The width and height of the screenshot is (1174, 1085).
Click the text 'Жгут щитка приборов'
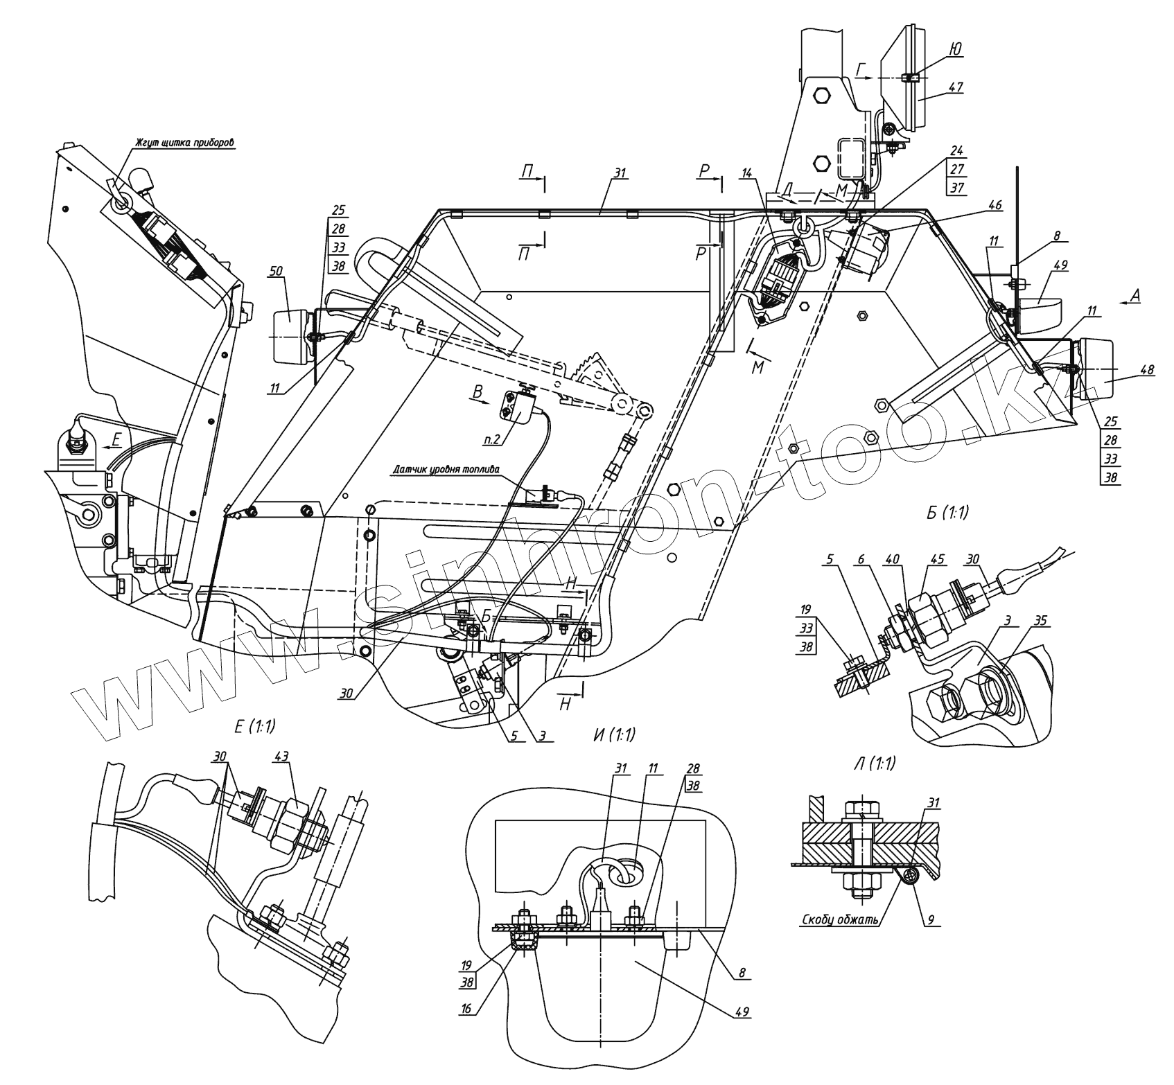[x=185, y=143]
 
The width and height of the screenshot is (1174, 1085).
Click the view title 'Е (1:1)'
[x=254, y=727]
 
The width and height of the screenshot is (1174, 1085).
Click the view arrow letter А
[x=1133, y=294]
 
